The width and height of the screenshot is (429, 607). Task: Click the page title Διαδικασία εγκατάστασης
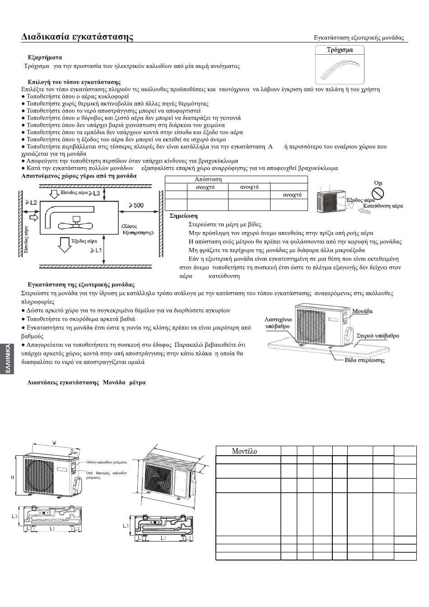(77, 37)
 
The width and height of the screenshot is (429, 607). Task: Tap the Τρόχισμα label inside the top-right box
(340, 50)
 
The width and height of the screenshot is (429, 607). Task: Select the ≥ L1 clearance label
(96, 250)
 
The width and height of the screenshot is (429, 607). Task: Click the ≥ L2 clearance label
(31, 202)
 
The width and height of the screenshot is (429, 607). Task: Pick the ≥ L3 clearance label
(94, 193)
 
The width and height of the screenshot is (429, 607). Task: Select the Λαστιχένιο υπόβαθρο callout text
(278, 322)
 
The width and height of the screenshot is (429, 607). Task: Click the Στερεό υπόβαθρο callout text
(378, 336)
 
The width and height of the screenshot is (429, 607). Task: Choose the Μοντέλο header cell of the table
(244, 451)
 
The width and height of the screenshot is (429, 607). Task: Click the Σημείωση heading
(183, 216)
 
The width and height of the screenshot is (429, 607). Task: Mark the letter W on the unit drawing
(55, 443)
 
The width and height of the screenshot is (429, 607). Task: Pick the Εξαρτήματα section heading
(45, 58)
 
